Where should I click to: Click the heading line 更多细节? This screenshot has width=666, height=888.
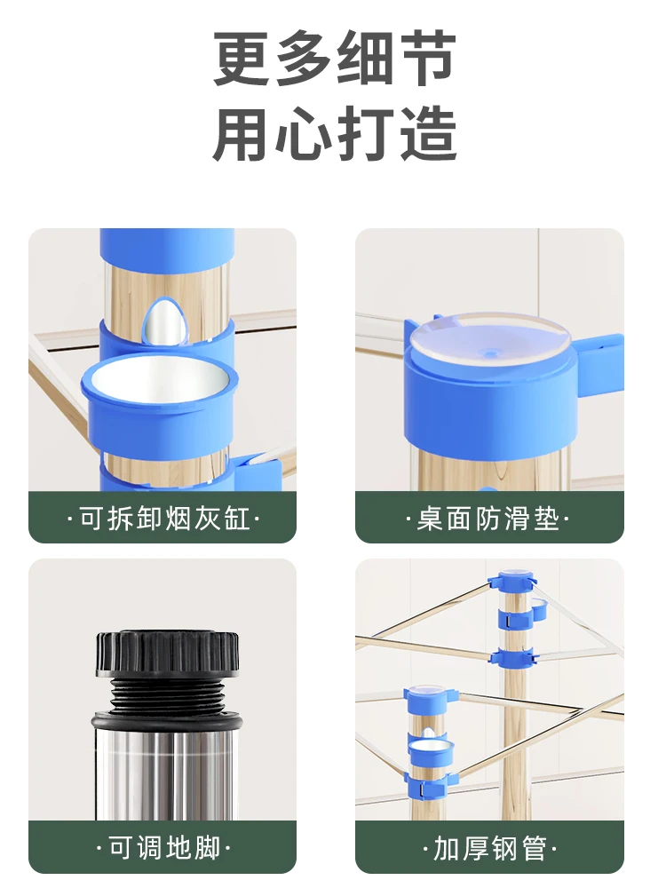pos(334,59)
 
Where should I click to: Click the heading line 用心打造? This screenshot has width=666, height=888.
pos(334,134)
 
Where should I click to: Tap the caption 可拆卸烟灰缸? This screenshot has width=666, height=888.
pos(163,518)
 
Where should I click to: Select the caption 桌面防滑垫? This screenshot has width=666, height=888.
pos(488,518)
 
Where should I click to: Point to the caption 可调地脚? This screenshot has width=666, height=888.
pos(163,848)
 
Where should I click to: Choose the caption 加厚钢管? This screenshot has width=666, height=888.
pos(489,848)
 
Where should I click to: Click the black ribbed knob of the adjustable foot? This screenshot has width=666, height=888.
pos(167,654)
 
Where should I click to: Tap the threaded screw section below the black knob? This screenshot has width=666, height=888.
pos(167,696)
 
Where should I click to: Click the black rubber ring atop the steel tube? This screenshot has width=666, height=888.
pos(167,721)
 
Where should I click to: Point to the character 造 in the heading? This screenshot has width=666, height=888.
pos(428,134)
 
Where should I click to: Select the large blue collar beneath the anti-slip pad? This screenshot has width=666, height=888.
pos(490,402)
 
